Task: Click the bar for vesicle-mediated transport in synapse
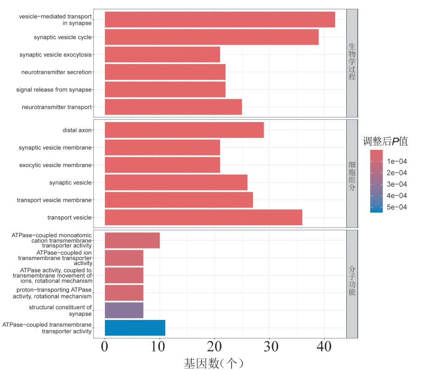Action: (220, 19)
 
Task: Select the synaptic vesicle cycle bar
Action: (212, 37)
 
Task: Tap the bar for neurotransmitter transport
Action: (173, 107)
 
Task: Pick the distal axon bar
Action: (184, 130)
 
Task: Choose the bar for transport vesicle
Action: (203, 217)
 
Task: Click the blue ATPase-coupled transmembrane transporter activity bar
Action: (135, 328)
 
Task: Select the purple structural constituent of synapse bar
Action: (124, 310)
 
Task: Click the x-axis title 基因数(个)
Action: (214, 363)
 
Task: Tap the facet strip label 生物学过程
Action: (352, 63)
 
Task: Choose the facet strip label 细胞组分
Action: (352, 174)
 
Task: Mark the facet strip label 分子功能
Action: (352, 283)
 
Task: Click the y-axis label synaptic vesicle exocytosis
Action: (55, 55)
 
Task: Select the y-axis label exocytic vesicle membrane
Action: (55, 165)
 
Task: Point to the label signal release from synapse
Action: (53, 90)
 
